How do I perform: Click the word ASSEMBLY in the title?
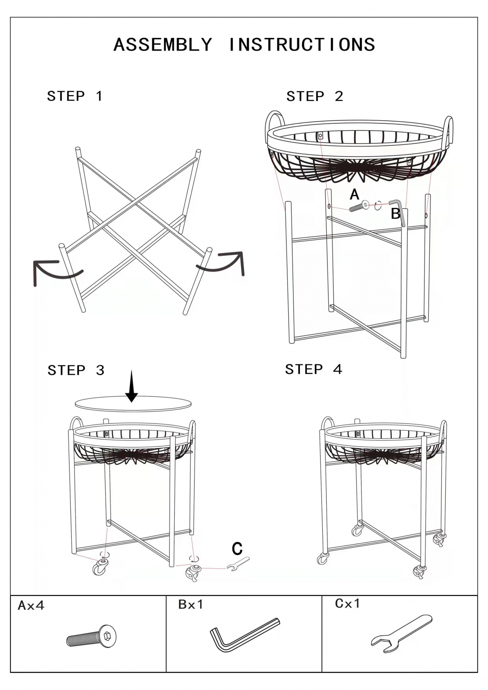[x=163, y=44]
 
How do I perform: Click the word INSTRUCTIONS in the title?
[x=302, y=44]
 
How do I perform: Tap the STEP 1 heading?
[x=74, y=96]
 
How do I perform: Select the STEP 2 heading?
[x=315, y=97]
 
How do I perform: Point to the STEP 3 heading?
[x=76, y=370]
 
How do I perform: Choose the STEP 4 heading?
[x=314, y=369]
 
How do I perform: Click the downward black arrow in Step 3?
[x=132, y=386]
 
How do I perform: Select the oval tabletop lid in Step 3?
[x=133, y=404]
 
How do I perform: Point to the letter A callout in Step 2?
[x=355, y=194]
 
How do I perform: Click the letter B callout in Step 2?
[x=396, y=213]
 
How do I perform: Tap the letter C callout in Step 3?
[x=237, y=549]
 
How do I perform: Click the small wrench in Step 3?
[x=238, y=564]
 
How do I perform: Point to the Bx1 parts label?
[x=191, y=605]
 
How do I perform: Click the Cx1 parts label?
[x=347, y=604]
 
